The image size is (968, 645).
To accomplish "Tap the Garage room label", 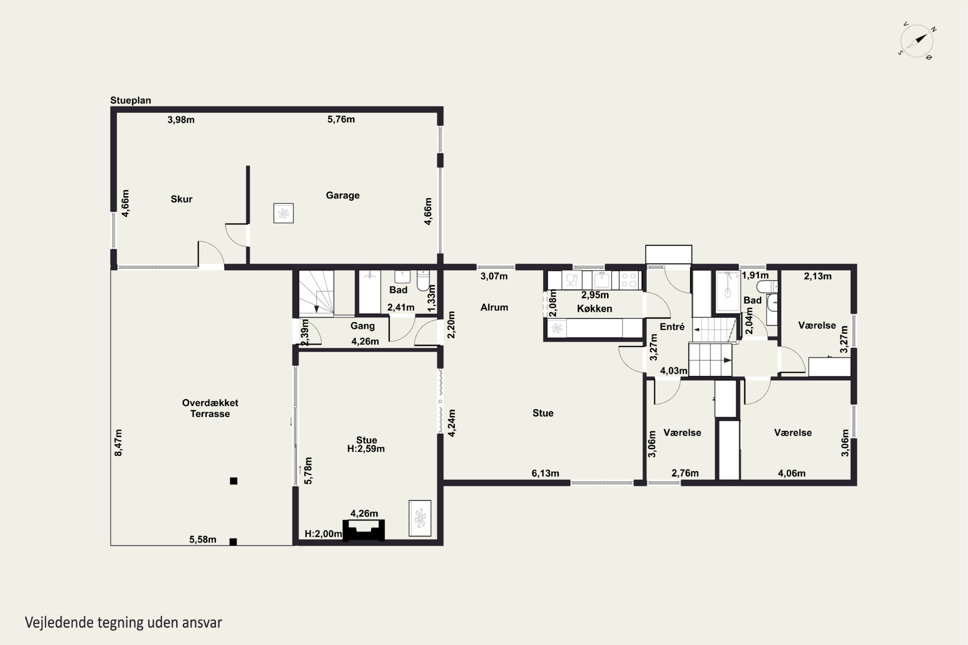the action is [x=342, y=195].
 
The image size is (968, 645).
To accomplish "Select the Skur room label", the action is [x=181, y=199].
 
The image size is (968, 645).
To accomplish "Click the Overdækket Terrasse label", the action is [x=210, y=408].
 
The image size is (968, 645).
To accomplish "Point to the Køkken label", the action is [x=594, y=309].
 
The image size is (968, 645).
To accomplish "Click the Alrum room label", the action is [x=494, y=307].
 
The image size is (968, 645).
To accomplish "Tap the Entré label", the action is [x=672, y=327].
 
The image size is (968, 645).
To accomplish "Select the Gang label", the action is [x=363, y=326].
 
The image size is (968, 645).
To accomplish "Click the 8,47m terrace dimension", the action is [x=118, y=442].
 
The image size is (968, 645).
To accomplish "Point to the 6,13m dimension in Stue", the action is [x=545, y=473].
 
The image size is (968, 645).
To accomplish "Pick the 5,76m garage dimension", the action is [x=341, y=119].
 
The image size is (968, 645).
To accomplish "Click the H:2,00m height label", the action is [x=323, y=534].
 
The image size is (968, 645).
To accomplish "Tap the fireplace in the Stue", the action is [x=364, y=530].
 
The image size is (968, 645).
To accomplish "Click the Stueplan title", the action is [x=130, y=100].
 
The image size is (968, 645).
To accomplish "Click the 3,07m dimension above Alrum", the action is [x=494, y=276].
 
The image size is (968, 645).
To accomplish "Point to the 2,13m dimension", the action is [x=818, y=276].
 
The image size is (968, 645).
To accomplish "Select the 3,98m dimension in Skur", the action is [x=181, y=120].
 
